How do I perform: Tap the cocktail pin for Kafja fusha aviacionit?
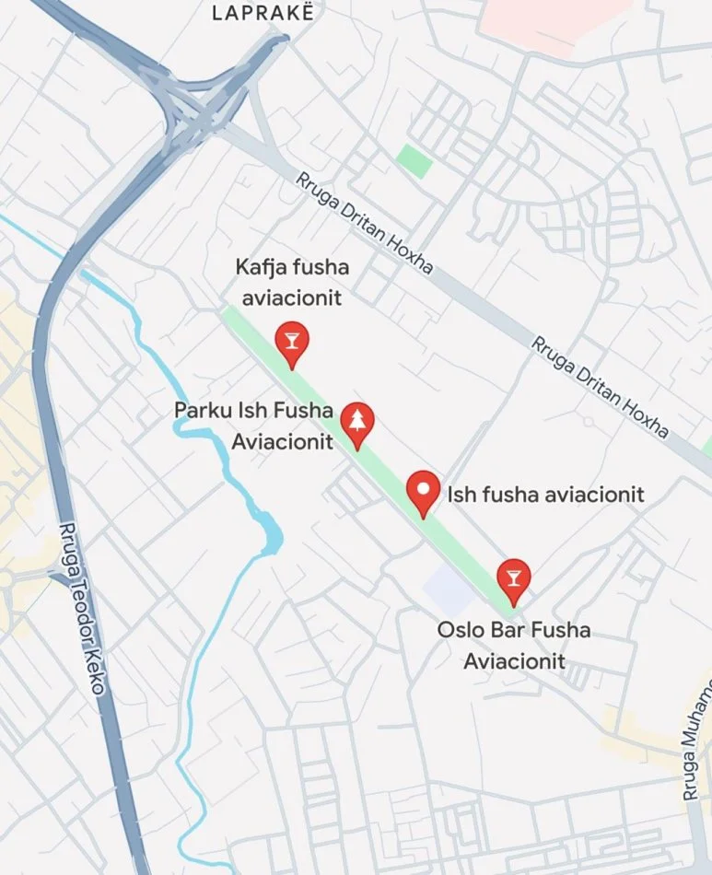[x=292, y=343]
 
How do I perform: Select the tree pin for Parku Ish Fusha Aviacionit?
[x=356, y=422]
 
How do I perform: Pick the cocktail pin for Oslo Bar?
[x=513, y=578]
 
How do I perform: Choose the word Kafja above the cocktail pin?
[x=262, y=268]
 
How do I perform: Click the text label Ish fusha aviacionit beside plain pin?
[x=545, y=494]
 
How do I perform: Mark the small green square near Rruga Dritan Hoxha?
[x=414, y=160]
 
